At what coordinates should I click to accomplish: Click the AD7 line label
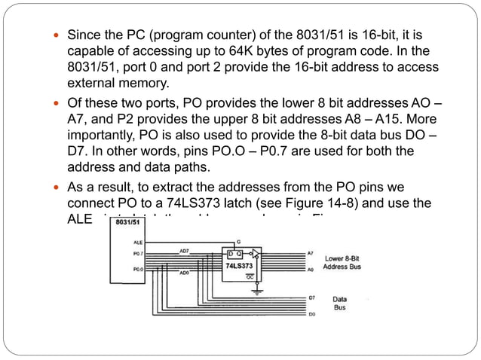[184, 250]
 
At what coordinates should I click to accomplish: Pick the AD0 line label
[183, 273]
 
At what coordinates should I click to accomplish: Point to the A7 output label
[311, 254]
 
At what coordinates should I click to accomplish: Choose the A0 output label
[311, 269]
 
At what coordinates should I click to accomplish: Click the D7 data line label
[311, 298]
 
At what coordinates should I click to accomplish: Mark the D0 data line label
[311, 313]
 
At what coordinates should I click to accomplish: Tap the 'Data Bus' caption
[340, 304]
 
